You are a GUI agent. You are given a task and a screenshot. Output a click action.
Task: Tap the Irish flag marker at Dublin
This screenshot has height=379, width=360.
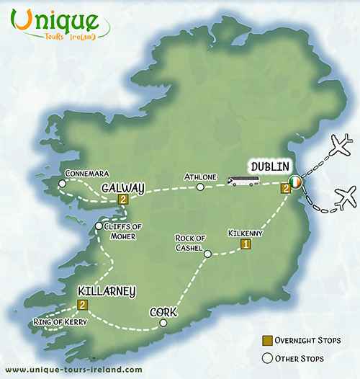[295, 182]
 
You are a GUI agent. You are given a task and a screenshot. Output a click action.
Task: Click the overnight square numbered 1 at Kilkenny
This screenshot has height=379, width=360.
[246, 245]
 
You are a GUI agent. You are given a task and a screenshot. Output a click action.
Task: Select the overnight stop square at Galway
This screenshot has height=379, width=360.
[124, 200]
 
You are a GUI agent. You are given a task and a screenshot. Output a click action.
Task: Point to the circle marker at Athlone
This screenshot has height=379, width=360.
[201, 187]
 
